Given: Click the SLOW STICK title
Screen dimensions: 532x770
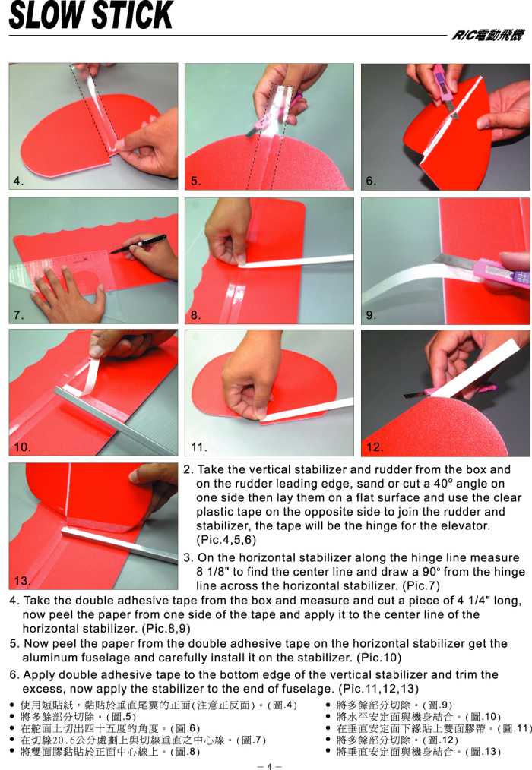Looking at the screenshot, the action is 91,15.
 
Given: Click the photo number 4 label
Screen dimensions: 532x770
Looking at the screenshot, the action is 18,181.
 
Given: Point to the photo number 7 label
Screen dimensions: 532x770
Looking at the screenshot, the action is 18,315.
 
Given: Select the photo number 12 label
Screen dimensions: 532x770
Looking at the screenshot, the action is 374,447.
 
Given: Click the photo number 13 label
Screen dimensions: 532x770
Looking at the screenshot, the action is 21,580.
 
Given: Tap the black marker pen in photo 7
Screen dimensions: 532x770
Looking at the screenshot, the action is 138,244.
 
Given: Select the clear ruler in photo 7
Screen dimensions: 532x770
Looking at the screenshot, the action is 64,273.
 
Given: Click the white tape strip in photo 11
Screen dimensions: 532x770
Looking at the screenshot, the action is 305,412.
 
